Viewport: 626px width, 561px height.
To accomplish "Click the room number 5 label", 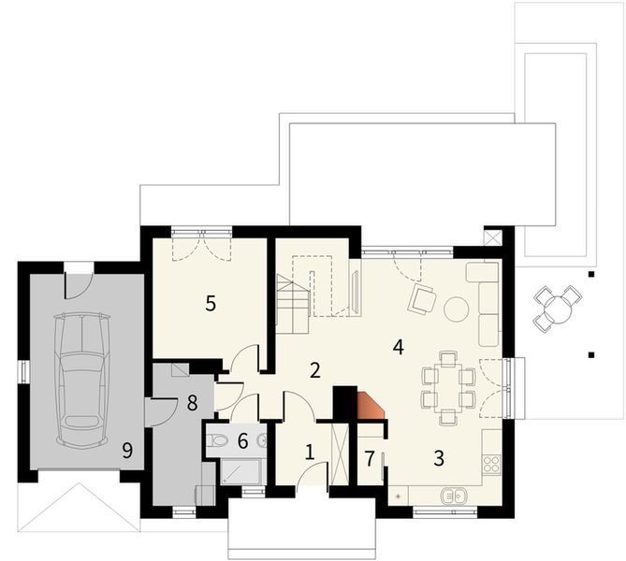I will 211,303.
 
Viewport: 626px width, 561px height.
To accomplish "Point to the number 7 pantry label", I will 370,458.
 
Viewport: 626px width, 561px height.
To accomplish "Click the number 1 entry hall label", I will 309,452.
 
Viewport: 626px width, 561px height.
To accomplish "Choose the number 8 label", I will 192,403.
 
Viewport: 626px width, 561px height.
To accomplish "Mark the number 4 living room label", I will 399,347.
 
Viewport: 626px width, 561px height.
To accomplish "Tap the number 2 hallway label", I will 315,370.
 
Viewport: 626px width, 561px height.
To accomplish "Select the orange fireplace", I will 371,405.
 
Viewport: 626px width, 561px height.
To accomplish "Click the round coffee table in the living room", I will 456,307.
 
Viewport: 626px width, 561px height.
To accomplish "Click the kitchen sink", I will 456,495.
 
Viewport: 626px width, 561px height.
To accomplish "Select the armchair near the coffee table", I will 422,298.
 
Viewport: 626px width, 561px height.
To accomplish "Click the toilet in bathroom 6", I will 217,440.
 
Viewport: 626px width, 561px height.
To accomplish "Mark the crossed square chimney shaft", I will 492,237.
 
